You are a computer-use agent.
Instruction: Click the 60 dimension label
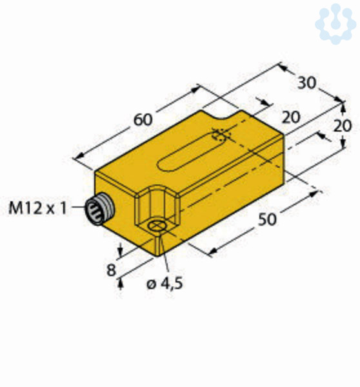coord(143,120)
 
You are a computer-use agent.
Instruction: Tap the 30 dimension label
coord(306,83)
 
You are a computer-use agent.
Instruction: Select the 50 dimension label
coord(267,219)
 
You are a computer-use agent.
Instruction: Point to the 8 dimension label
coord(111,270)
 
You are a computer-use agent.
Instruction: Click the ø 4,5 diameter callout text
coord(165,283)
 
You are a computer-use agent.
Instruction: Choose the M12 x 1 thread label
coord(37,208)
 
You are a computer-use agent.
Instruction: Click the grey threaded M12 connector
coord(100,209)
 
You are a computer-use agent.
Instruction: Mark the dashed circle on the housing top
coord(221,135)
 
